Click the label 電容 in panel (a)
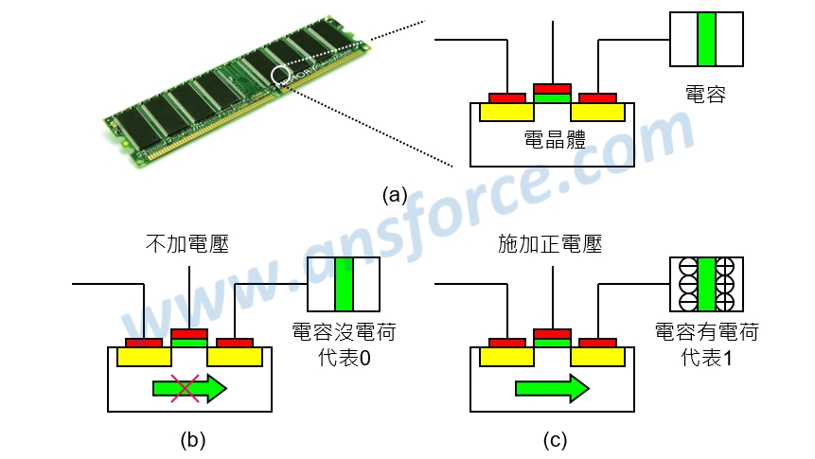705,94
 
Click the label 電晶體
554,140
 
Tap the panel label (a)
395,196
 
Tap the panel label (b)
192,439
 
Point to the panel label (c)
555,439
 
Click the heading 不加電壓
188,244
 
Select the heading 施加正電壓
551,244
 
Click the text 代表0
343,360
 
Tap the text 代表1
705,360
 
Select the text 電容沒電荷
343,333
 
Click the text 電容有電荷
706,333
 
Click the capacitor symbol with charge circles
705,285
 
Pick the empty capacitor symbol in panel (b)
343,285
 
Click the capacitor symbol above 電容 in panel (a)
705,39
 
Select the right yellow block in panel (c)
598,357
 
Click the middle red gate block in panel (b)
189,333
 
